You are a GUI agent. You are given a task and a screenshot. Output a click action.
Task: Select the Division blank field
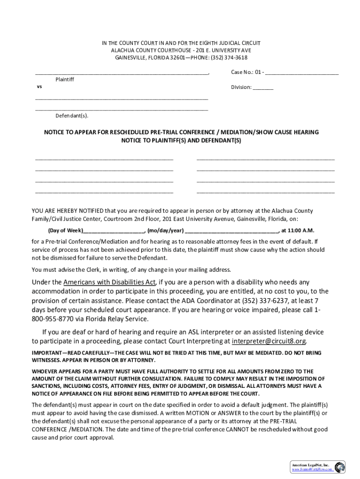(263, 87)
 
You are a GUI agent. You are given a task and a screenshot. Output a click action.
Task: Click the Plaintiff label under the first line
(65, 80)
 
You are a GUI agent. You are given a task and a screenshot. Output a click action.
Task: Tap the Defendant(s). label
(72, 116)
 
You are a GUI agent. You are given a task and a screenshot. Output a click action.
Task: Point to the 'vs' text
(39, 87)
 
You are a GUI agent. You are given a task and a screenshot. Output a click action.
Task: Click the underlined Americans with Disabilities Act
(110, 282)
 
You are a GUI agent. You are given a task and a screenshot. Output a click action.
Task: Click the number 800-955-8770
(51, 319)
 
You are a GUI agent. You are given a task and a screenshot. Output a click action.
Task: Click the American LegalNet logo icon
(340, 467)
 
